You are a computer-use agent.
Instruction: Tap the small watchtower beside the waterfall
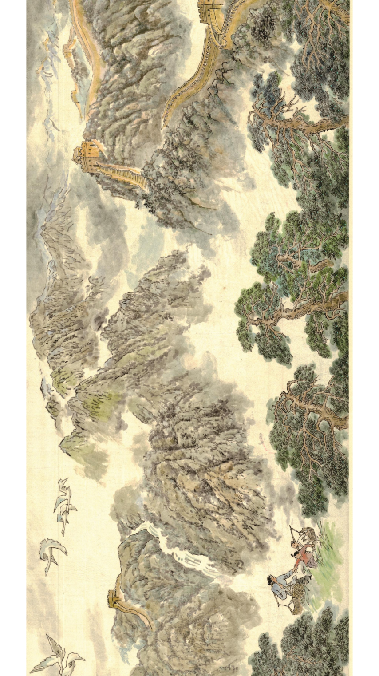coord(114,597)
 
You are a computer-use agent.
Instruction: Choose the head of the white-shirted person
coord(294,544)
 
